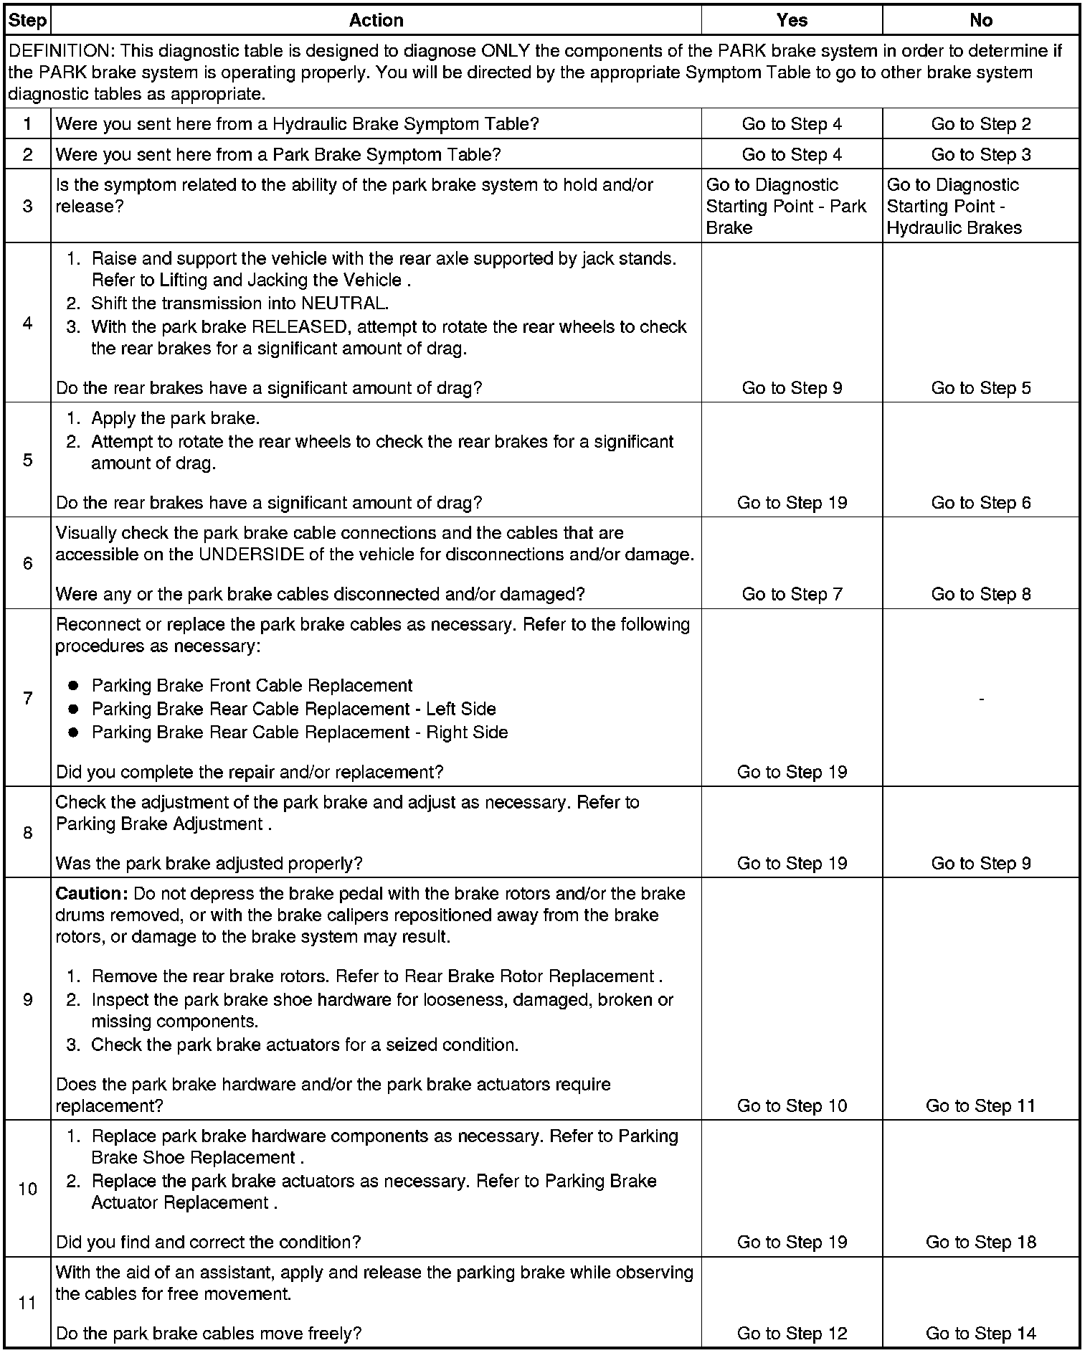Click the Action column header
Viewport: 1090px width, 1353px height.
[x=376, y=21]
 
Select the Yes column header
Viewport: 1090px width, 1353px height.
[x=792, y=21]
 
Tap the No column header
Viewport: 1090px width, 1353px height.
[x=980, y=21]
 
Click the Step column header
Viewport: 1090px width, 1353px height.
[x=27, y=21]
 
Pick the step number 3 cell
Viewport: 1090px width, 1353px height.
[x=27, y=207]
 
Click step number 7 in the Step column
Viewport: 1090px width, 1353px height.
[x=27, y=698]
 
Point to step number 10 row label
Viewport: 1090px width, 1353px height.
[x=27, y=1189]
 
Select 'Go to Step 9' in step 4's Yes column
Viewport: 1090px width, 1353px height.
[x=792, y=388]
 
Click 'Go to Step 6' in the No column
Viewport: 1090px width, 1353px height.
[x=980, y=503]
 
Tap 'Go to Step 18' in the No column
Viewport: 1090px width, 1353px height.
[x=980, y=1243]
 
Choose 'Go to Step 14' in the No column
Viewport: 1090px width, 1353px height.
[x=980, y=1334]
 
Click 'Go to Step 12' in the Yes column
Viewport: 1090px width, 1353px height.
[x=792, y=1334]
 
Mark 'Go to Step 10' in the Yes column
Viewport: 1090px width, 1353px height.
[x=792, y=1105]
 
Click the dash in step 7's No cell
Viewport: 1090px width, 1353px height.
[x=980, y=698]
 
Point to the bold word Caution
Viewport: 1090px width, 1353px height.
[x=91, y=894]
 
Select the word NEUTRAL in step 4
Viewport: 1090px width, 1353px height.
[x=346, y=303]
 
